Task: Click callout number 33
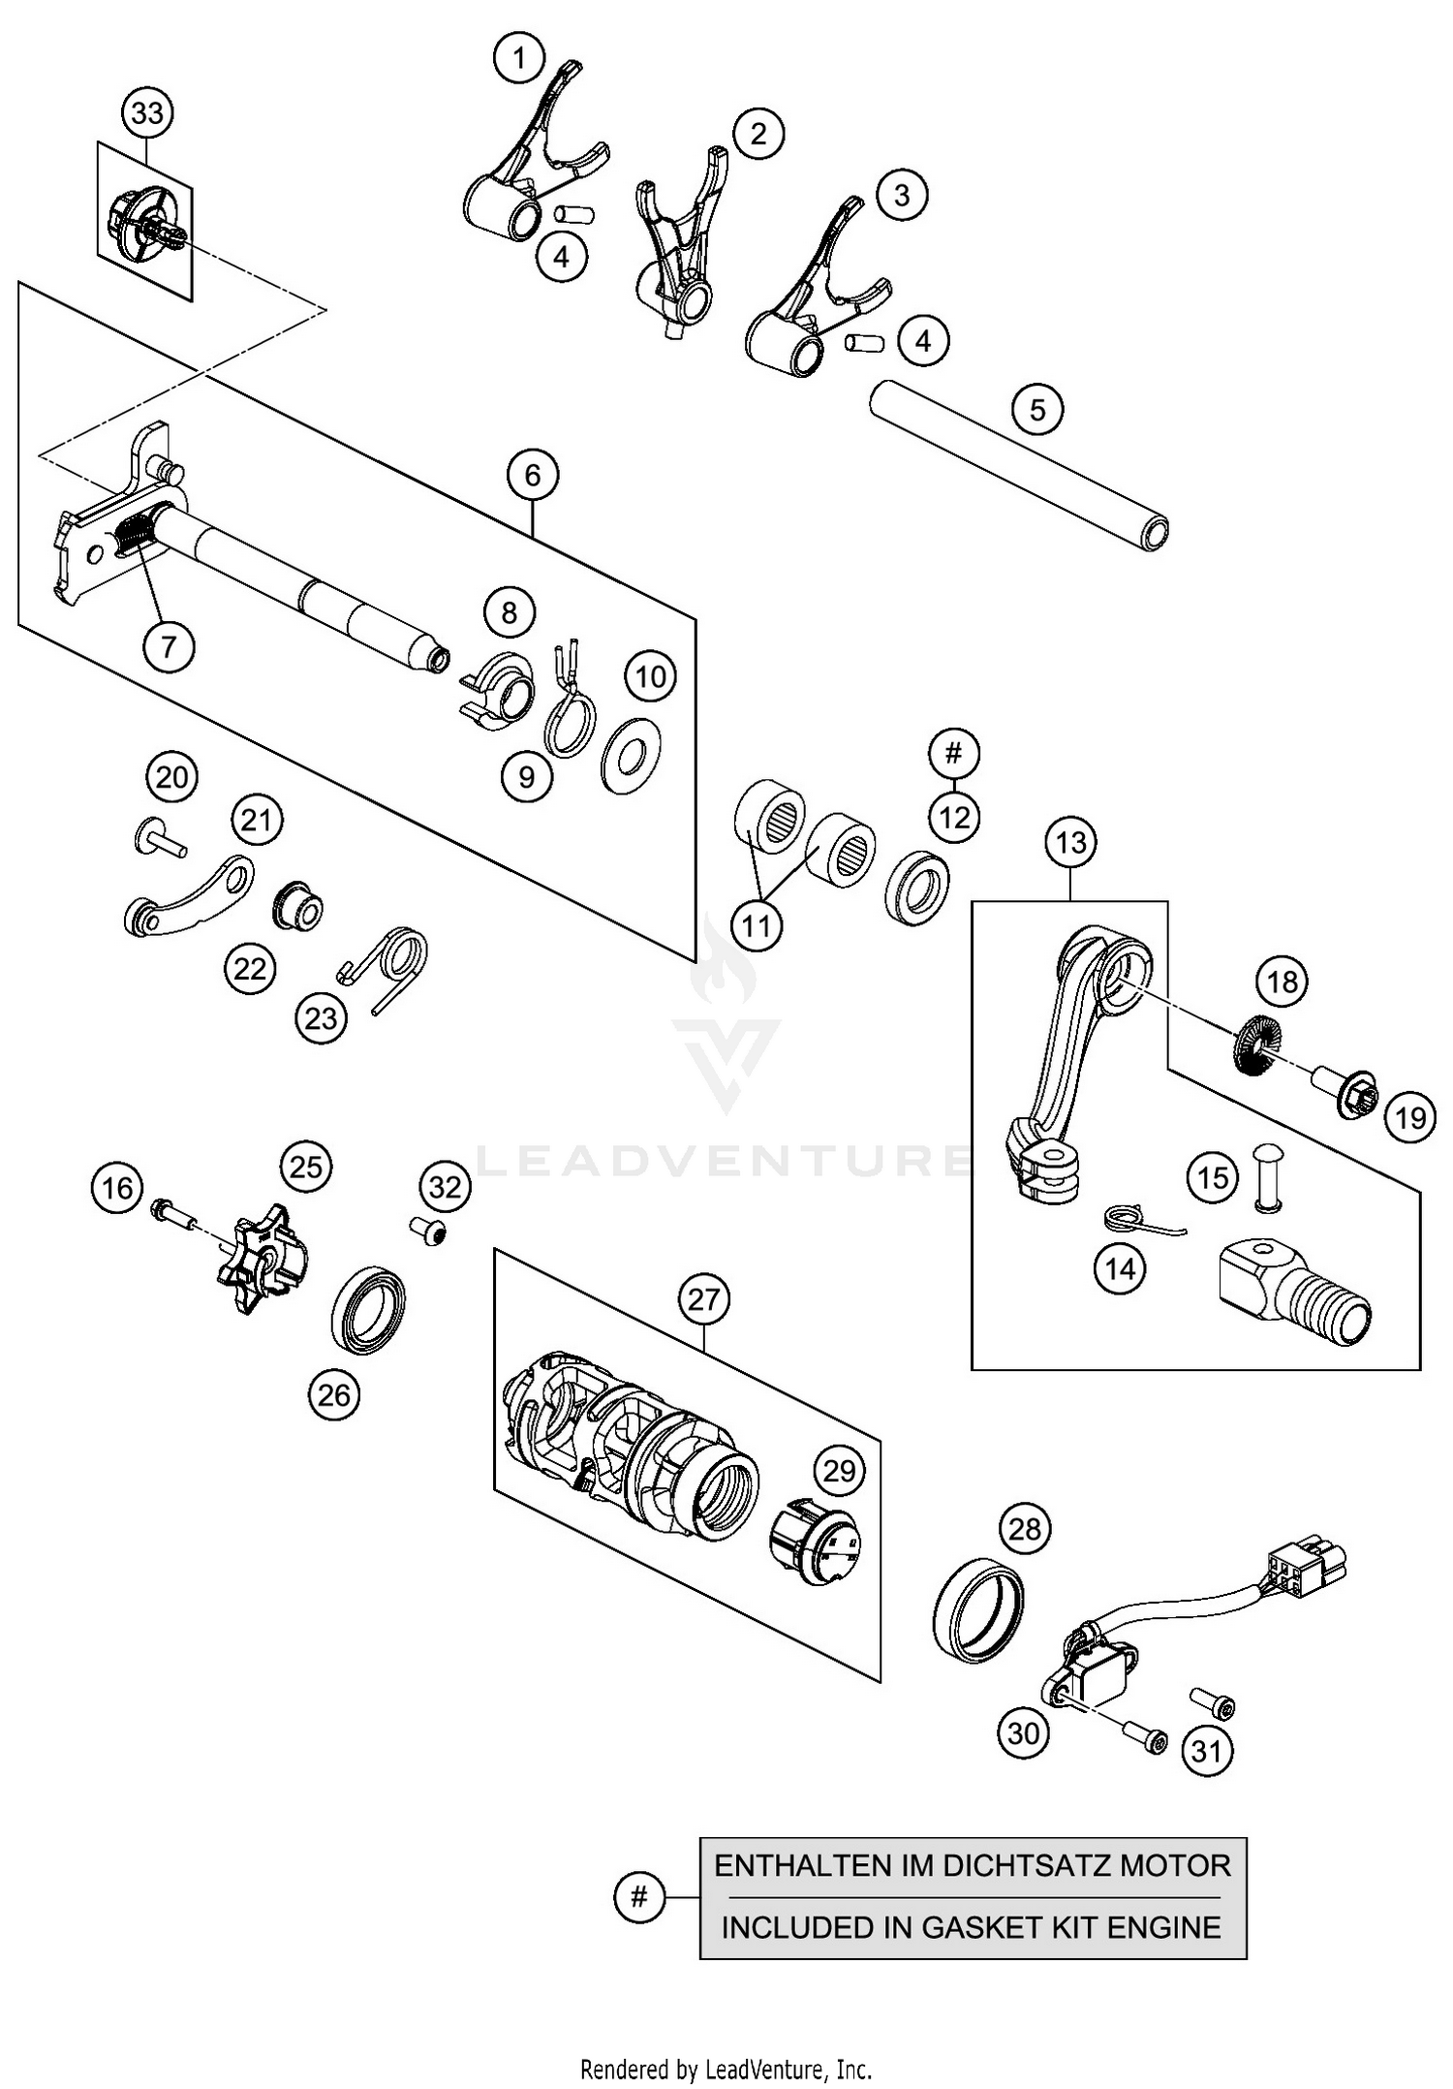click(147, 113)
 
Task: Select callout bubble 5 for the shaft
click(1036, 410)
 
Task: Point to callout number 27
click(703, 1297)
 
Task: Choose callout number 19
click(1410, 1118)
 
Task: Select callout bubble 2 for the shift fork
click(757, 133)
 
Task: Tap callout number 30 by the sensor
click(1024, 1732)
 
